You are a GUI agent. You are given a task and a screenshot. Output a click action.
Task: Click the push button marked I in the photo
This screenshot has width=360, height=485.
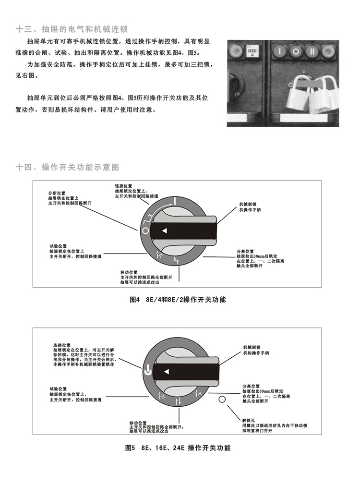click(x=279, y=50)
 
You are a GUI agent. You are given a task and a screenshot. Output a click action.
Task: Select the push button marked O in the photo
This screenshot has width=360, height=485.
click(x=296, y=51)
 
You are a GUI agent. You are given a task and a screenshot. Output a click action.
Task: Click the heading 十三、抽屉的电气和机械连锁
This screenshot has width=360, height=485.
click(x=72, y=29)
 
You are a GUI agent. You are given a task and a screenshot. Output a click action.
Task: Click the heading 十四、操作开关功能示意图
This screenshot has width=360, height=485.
click(x=67, y=167)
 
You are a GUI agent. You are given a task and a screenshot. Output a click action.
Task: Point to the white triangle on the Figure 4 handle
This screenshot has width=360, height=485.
click(x=165, y=231)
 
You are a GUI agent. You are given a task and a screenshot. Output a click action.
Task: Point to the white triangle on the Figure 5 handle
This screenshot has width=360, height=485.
click(x=167, y=372)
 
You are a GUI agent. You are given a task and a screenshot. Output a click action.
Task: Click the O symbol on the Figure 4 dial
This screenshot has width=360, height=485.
click(x=145, y=231)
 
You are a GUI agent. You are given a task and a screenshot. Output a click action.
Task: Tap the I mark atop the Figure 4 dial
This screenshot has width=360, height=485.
click(x=175, y=201)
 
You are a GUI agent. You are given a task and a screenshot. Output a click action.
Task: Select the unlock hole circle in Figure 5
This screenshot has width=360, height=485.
click(x=222, y=399)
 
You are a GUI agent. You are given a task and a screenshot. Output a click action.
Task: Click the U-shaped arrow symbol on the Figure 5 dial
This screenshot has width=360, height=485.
click(x=148, y=370)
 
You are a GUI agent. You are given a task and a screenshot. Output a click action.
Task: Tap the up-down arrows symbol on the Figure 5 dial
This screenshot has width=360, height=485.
click(x=178, y=402)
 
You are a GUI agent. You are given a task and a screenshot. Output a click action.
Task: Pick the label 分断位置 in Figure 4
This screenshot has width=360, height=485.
click(x=57, y=193)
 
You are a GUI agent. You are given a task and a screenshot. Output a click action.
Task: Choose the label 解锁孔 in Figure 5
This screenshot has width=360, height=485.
click(x=249, y=420)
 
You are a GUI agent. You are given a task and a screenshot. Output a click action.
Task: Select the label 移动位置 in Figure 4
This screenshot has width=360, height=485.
click(x=129, y=272)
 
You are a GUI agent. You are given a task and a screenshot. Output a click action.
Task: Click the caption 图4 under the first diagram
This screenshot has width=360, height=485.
click(x=135, y=300)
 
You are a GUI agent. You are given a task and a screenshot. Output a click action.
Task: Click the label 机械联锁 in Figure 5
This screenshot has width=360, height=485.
click(x=252, y=347)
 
